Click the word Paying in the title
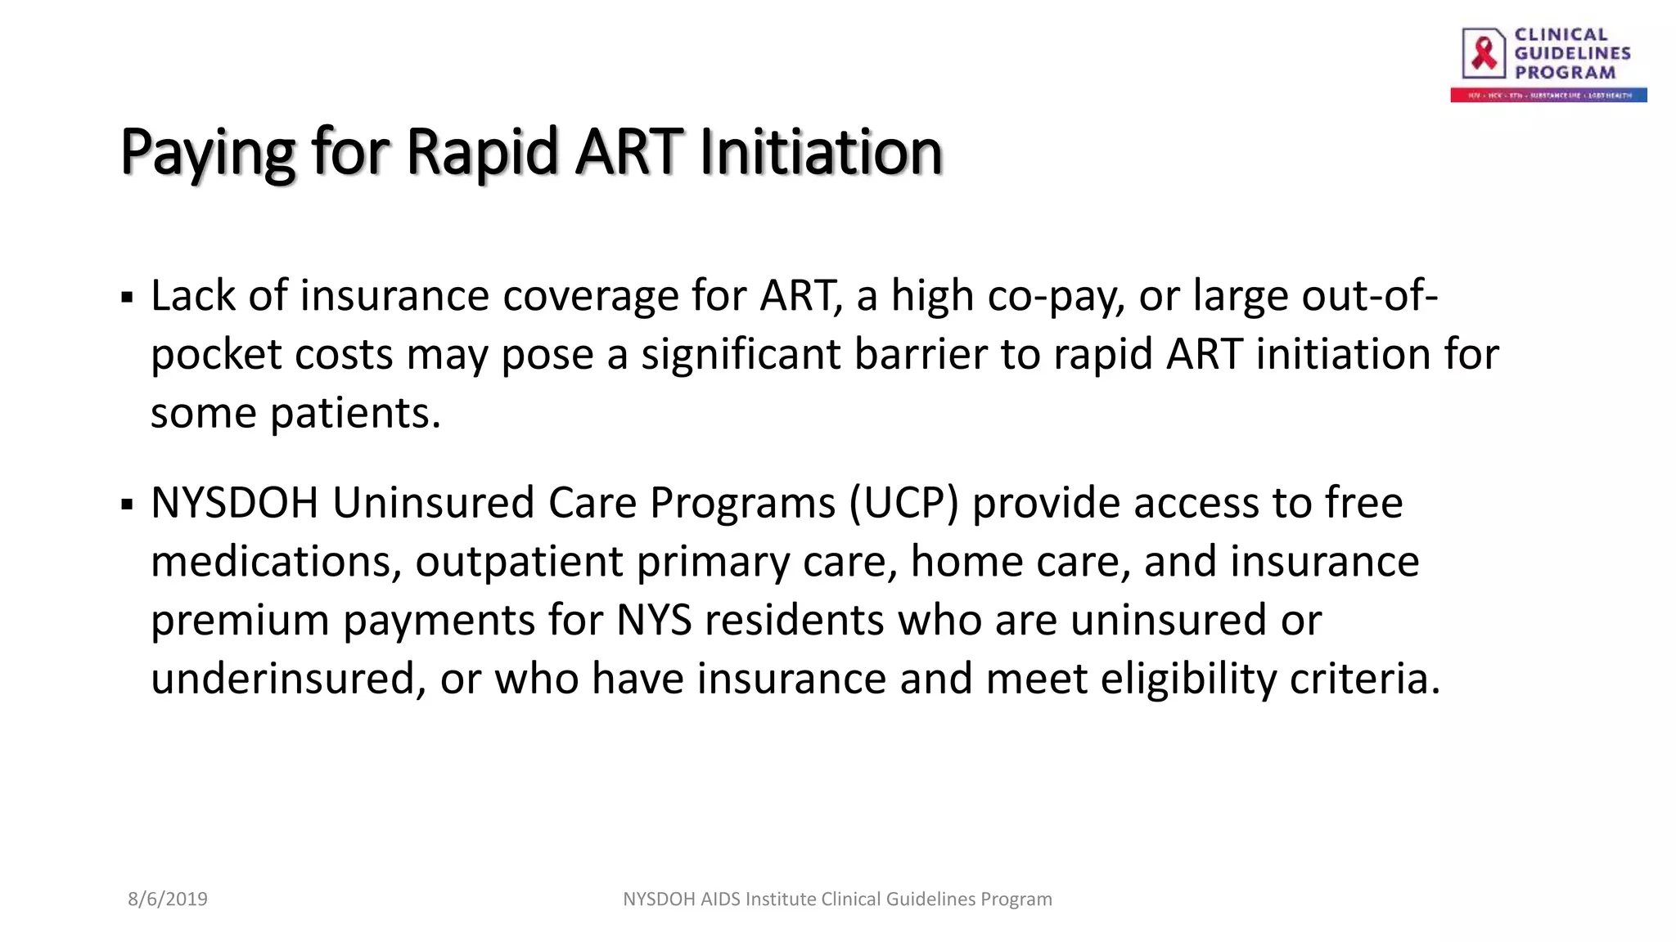(x=207, y=153)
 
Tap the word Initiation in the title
(x=821, y=153)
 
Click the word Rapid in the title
(x=481, y=153)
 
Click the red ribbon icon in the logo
(x=1484, y=53)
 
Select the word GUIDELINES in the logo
(x=1572, y=53)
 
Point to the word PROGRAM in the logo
(x=1565, y=73)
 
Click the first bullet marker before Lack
(x=127, y=297)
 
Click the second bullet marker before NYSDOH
(x=127, y=504)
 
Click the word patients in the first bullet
(x=355, y=413)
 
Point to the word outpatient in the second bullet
(x=519, y=562)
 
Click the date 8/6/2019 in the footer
(x=168, y=899)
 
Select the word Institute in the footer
(x=781, y=899)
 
